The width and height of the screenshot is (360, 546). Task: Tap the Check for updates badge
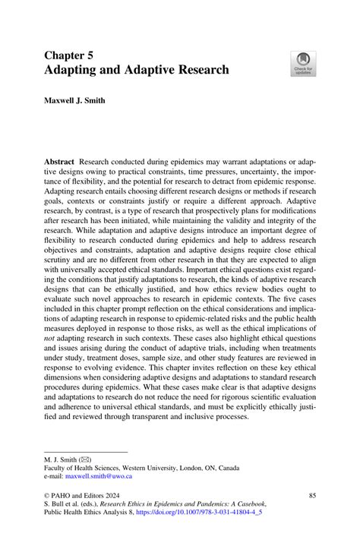click(305, 63)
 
